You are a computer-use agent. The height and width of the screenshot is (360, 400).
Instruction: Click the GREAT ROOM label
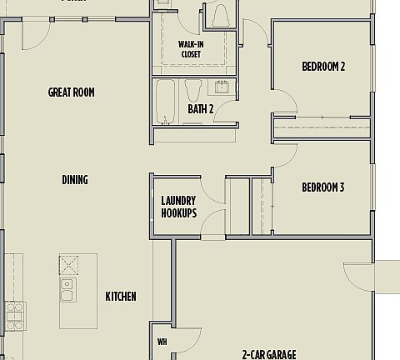(x=71, y=92)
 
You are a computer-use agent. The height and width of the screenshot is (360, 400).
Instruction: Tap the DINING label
(x=75, y=180)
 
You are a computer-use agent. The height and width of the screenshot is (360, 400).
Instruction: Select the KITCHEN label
(x=121, y=297)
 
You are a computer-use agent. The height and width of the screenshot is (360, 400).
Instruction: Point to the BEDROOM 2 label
(x=323, y=67)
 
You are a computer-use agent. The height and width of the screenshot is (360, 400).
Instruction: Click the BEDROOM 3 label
(x=322, y=187)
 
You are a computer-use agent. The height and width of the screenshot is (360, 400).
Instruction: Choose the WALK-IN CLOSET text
(x=191, y=49)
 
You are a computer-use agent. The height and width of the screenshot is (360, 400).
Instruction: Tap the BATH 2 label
(x=201, y=109)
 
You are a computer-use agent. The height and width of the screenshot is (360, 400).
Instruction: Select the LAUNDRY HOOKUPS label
(x=178, y=207)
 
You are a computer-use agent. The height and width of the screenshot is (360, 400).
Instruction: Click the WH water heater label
(x=162, y=342)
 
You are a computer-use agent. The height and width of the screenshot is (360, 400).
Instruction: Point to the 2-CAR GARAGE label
(x=269, y=354)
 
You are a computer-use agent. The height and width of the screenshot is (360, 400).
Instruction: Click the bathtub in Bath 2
(x=165, y=102)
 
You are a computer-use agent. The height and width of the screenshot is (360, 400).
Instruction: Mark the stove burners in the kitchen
(x=14, y=316)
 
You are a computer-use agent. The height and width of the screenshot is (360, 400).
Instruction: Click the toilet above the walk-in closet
(x=221, y=15)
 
